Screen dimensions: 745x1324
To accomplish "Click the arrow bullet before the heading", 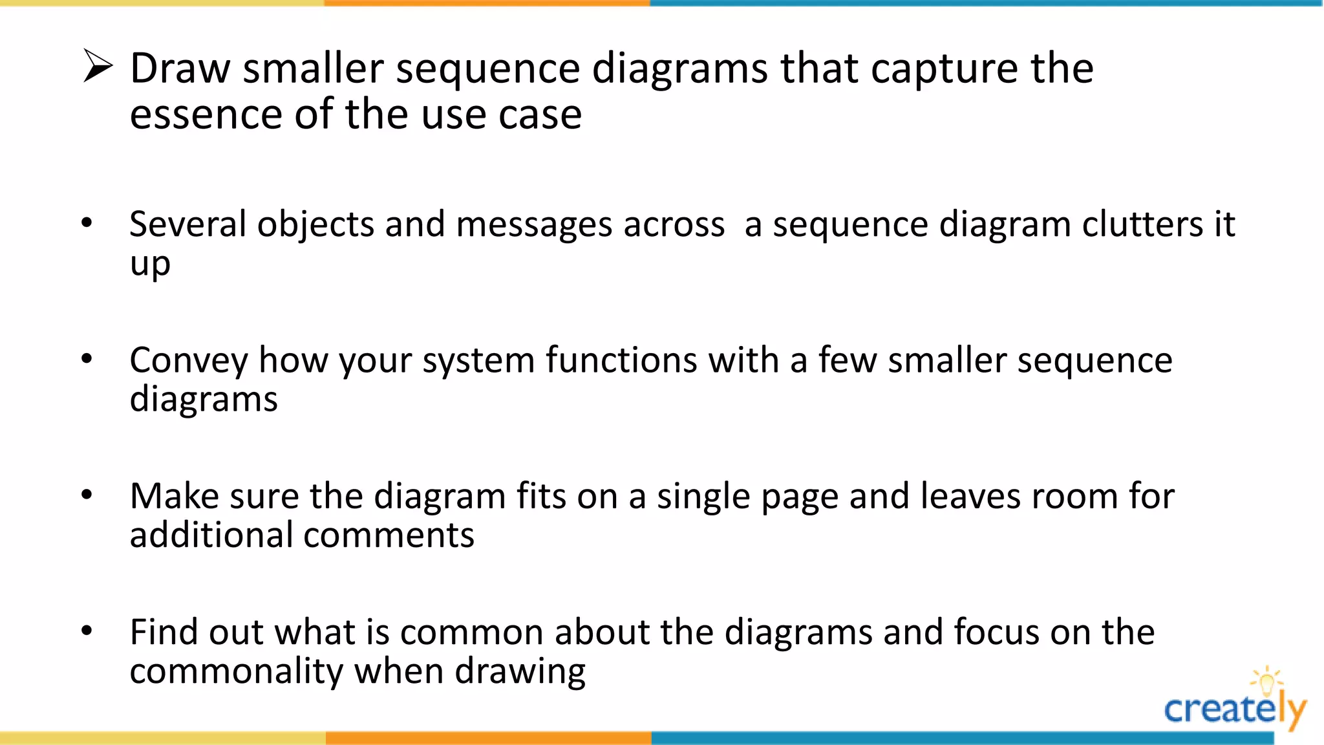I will pos(98,67).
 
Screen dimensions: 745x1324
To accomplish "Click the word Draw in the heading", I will pos(180,68).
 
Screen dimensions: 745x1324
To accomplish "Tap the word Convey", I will pos(188,361).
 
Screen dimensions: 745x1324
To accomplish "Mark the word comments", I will pos(389,535).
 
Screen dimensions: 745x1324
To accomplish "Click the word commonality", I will pos(236,671).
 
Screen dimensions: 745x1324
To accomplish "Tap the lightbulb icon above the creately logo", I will pos(1266,680).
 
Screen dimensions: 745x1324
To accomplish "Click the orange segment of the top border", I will pos(487,3).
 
